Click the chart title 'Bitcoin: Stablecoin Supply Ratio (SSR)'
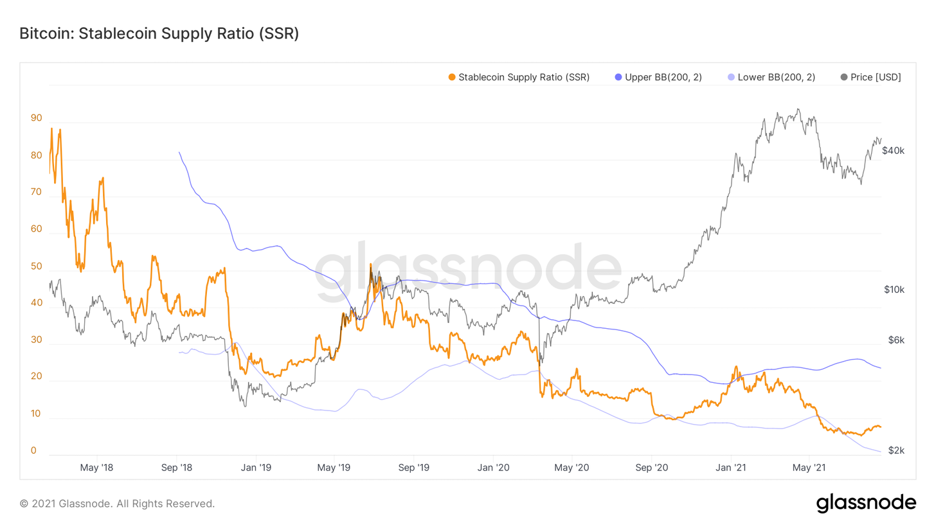[x=159, y=33]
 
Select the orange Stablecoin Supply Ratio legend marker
[x=452, y=77]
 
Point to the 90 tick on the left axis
[x=36, y=118]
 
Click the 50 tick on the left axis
[x=36, y=266]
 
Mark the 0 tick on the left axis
[x=33, y=451]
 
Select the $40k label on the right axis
[x=893, y=151]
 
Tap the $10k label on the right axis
[x=894, y=290]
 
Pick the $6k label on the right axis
[x=895, y=340]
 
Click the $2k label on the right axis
[x=896, y=450]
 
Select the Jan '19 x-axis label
[x=256, y=467]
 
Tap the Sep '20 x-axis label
[x=652, y=467]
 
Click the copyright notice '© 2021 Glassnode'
[x=117, y=503]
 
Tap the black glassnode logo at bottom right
[x=866, y=503]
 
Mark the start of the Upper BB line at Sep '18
[x=179, y=153]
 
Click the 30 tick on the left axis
[x=36, y=340]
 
